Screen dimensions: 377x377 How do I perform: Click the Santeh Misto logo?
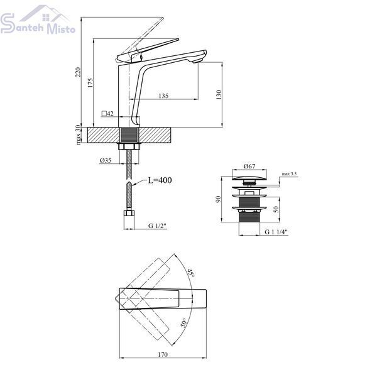(38, 20)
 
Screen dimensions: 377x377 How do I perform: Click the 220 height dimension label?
(78, 72)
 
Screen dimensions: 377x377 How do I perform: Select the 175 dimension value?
(90, 82)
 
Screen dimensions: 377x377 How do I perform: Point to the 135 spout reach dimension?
(163, 96)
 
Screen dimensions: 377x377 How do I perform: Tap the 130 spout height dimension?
(219, 95)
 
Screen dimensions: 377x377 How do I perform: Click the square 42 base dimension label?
(107, 114)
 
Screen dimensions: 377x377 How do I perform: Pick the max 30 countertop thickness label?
(78, 135)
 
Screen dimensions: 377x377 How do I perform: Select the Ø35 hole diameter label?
(106, 160)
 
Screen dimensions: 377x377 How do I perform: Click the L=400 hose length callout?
(160, 180)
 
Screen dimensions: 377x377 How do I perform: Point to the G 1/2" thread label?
(157, 226)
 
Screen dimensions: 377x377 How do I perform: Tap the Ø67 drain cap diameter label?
(249, 166)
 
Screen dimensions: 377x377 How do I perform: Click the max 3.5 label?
(289, 173)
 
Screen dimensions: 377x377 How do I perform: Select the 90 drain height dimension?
(218, 199)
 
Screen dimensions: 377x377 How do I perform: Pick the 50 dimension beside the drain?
(276, 209)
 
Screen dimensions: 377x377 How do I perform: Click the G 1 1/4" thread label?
(276, 232)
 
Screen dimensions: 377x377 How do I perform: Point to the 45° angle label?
(191, 273)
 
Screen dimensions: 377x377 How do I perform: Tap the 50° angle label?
(183, 323)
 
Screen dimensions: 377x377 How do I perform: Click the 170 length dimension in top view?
(163, 354)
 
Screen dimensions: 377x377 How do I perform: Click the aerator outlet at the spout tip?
(197, 62)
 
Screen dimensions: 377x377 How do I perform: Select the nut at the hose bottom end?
(129, 213)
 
